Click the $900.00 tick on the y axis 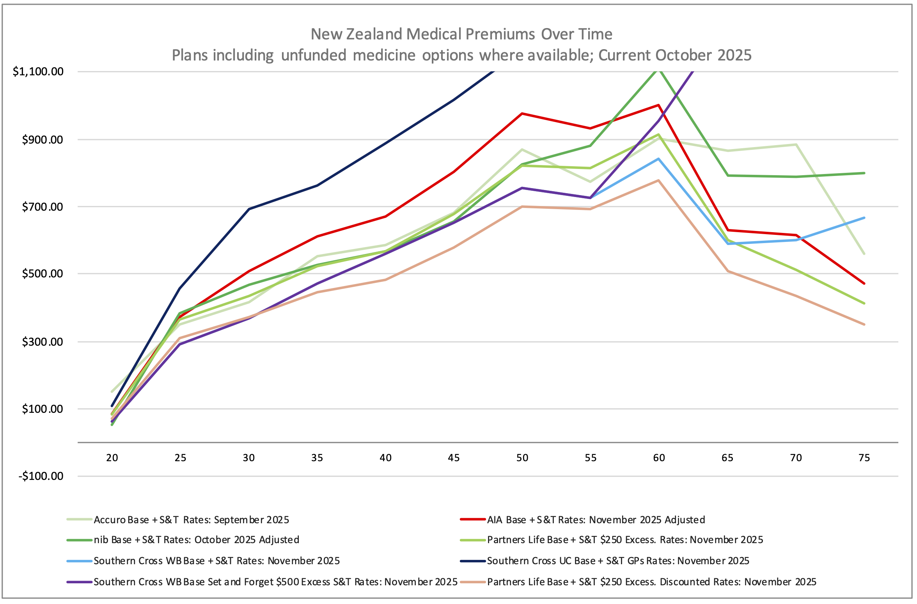(x=42, y=140)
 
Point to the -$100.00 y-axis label (x=41, y=476)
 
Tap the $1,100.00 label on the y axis (x=38, y=71)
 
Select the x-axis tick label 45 (x=454, y=458)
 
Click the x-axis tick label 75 (x=864, y=458)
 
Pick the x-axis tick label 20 (x=112, y=458)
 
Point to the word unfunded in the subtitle (x=313, y=55)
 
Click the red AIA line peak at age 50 (x=522, y=114)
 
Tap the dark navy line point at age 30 (x=249, y=209)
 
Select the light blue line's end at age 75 (x=864, y=218)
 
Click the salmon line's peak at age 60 (x=659, y=180)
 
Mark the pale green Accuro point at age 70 (x=796, y=145)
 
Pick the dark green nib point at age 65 (x=727, y=176)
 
